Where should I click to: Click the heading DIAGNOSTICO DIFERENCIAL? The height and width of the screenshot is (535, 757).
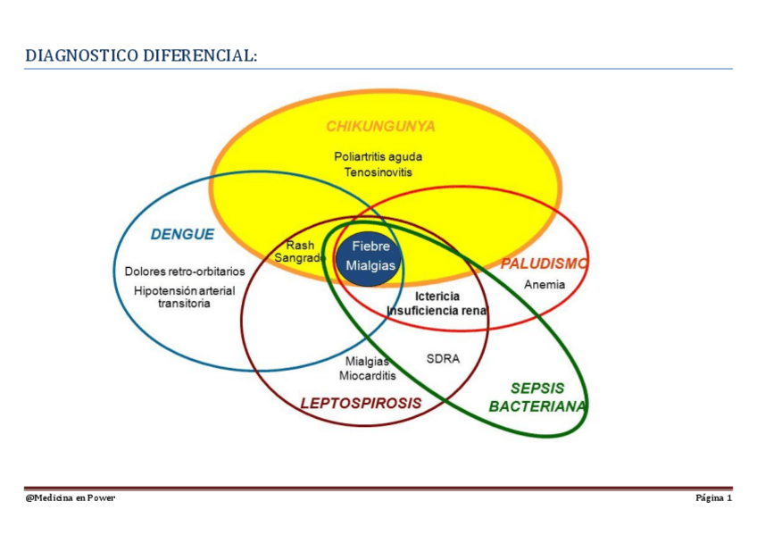[141, 55]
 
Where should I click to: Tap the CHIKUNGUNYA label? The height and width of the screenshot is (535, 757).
[379, 127]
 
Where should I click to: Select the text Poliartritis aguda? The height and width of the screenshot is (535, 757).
[378, 156]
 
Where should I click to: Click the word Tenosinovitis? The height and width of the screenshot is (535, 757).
[378, 171]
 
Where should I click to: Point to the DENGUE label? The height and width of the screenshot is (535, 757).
[182, 235]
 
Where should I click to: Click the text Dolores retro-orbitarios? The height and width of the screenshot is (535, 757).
[185, 271]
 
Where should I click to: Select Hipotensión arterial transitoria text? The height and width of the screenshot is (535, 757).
[185, 297]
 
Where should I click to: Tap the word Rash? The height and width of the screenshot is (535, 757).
[300, 245]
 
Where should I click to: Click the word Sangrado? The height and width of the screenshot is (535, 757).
[300, 258]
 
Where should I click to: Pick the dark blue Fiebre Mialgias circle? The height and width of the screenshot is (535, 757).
[370, 256]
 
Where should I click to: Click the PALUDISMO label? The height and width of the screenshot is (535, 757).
[543, 263]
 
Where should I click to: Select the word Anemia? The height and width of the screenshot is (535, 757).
[544, 285]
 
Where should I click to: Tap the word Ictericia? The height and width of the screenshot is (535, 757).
[437, 297]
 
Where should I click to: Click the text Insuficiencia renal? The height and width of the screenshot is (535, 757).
[437, 311]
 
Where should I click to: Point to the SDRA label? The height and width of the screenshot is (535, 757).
[443, 359]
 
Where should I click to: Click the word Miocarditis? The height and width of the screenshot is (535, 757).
[367, 376]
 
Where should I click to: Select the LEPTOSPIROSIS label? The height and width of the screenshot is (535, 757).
[360, 403]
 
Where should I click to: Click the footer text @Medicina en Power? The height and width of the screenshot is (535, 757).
[70, 497]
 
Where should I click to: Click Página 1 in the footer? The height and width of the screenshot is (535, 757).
[713, 497]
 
